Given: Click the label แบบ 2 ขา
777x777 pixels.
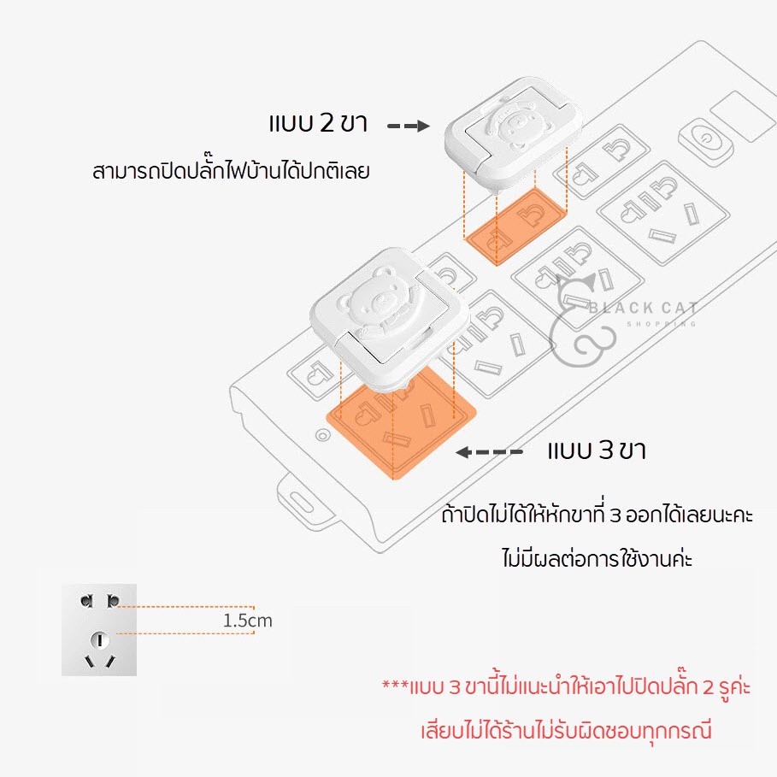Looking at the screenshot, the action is pyautogui.click(x=318, y=123).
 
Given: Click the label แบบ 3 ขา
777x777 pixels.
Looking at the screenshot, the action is pyautogui.click(x=597, y=450).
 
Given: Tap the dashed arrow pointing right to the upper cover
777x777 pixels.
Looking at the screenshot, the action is pyautogui.click(x=408, y=126).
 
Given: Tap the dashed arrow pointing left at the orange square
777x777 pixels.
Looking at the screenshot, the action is pyautogui.click(x=489, y=452).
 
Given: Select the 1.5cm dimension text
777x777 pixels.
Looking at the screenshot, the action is pyautogui.click(x=247, y=621).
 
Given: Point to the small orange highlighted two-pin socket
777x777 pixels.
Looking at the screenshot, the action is pyautogui.click(x=515, y=226).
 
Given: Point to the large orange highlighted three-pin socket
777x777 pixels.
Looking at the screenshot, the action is pyautogui.click(x=401, y=423).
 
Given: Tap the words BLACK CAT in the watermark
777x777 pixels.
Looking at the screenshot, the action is pyautogui.click(x=643, y=309).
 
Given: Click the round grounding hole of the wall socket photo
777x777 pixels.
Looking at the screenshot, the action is pyautogui.click(x=100, y=640).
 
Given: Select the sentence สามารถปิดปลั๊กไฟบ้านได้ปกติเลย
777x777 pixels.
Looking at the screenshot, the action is pyautogui.click(x=231, y=172).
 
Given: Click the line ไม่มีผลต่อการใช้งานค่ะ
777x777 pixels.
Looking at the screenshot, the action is pyautogui.click(x=597, y=558).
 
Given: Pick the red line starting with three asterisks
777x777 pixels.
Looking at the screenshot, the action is pyautogui.click(x=567, y=687).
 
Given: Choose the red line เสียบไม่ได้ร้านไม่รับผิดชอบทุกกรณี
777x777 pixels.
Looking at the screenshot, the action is pyautogui.click(x=567, y=731).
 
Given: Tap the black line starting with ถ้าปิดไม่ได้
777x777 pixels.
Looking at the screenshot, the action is pyautogui.click(x=597, y=515).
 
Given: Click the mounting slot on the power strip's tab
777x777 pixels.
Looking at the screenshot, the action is pyautogui.click(x=301, y=502).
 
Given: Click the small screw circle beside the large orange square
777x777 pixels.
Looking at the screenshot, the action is pyautogui.click(x=322, y=436).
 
